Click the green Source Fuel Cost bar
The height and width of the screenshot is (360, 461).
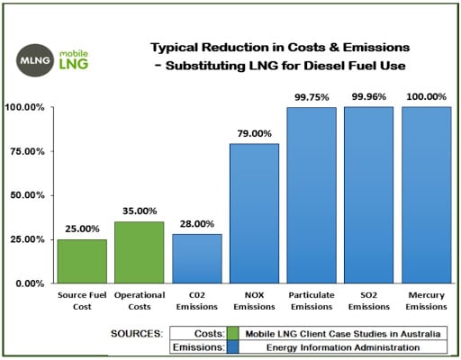coord(82,261)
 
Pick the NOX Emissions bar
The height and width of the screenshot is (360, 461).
coord(253,213)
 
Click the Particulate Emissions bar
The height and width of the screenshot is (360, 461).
coord(311,195)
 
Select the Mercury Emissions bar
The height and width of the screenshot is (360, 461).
coord(425,195)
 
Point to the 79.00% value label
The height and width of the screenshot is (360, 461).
coord(253,134)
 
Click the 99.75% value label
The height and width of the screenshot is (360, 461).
coord(311,97)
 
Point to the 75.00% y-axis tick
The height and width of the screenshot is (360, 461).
coord(28,151)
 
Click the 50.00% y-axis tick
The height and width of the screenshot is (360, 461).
coord(28,195)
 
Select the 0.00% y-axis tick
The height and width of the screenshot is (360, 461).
coord(31,283)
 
